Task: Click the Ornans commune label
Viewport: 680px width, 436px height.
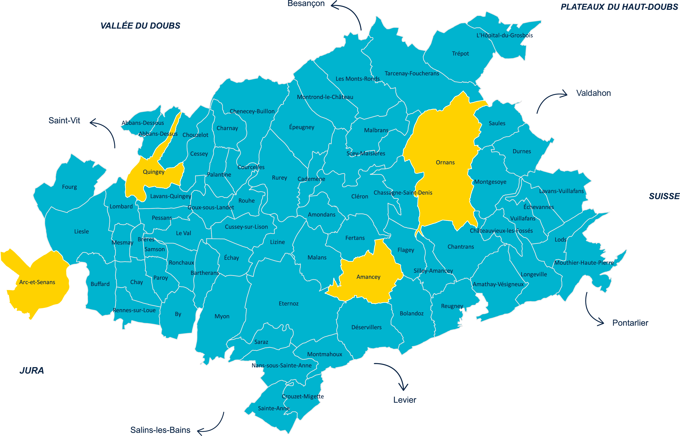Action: coord(445,162)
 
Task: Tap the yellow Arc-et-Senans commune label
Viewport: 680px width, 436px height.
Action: coord(37,282)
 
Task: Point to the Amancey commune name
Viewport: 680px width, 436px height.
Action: coord(368,277)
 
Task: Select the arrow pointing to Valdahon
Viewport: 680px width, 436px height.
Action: coord(549,99)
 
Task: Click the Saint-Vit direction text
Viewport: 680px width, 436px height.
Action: coord(64,121)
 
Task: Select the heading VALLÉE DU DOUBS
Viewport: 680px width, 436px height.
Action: coord(140,26)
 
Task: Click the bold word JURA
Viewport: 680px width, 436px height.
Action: coord(32,370)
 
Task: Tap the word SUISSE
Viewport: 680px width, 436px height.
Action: coord(664,196)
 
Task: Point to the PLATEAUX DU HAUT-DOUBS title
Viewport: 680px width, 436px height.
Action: coord(619,7)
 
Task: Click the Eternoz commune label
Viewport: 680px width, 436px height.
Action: coord(289,303)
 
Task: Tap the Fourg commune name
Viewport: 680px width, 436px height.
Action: coord(69,187)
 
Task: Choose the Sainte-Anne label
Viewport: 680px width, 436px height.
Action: coord(274,408)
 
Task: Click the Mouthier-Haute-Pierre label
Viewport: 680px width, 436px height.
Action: coord(584,263)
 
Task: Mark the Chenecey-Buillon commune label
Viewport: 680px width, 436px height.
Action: coord(252,111)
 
